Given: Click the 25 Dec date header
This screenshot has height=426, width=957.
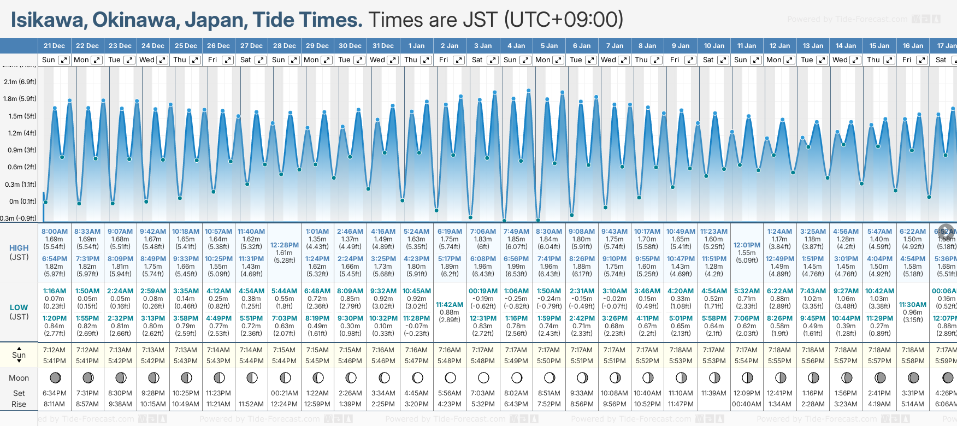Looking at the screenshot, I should [x=186, y=46].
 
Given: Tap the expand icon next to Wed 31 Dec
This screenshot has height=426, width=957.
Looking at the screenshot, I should [x=393, y=60].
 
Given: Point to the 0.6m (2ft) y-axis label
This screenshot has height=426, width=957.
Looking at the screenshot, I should [x=20, y=167].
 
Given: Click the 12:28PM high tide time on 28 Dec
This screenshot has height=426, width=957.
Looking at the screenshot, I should [x=285, y=245].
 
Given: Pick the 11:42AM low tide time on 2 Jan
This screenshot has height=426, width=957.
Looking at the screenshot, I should [x=450, y=305].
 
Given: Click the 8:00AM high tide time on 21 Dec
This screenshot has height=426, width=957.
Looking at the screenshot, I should [x=55, y=232].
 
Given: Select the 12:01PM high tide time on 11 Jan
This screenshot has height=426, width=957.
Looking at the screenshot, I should [x=747, y=245].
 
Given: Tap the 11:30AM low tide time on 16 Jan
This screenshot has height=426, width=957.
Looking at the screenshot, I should [x=913, y=305].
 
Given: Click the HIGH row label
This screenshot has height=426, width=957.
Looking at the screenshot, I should [x=19, y=248].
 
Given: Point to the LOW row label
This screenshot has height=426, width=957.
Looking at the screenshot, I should [x=19, y=307].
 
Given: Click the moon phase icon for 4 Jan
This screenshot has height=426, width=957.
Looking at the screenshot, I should [x=516, y=377].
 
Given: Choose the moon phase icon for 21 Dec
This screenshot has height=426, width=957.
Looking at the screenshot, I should [x=55, y=377].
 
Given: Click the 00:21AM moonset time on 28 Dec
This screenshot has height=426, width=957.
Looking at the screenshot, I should [x=285, y=393].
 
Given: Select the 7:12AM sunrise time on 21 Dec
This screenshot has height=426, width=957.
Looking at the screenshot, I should [x=55, y=350].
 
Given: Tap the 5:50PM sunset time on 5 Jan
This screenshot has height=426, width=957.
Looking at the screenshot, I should [x=549, y=361].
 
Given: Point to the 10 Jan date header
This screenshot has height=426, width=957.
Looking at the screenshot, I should [x=714, y=46].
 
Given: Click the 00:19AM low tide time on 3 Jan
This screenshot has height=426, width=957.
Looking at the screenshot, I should [x=483, y=291].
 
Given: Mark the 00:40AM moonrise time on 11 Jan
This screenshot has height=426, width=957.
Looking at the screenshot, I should [x=747, y=404].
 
